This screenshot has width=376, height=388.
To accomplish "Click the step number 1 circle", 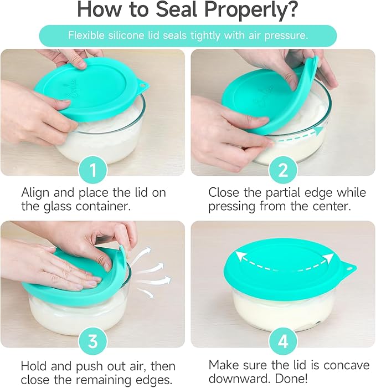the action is pos(93,170).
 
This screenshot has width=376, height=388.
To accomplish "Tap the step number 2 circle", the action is pos(283,170).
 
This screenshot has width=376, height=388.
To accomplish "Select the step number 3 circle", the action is pos(93,341).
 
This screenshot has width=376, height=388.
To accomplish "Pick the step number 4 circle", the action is pos(283,341).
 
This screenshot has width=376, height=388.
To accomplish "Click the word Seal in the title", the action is pos(176,9).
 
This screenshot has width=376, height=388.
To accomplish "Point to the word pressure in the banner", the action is pos(286,36).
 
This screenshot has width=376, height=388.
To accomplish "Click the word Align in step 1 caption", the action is pos(35,193).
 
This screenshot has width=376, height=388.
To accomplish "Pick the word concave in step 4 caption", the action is pos(346,365).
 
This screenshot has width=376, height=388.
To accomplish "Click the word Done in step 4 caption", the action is pos(291,379).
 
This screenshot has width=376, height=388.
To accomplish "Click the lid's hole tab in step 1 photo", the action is pos(143,85).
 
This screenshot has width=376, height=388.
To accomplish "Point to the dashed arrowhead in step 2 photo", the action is pos(320,130).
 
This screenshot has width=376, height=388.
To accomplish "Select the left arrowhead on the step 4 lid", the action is pos(239,256).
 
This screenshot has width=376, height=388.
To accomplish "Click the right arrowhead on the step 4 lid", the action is pos(328,258).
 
